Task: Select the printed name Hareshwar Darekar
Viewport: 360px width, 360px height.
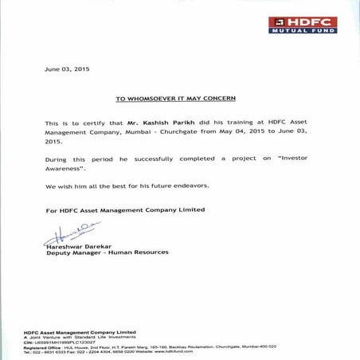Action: (80, 246)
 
